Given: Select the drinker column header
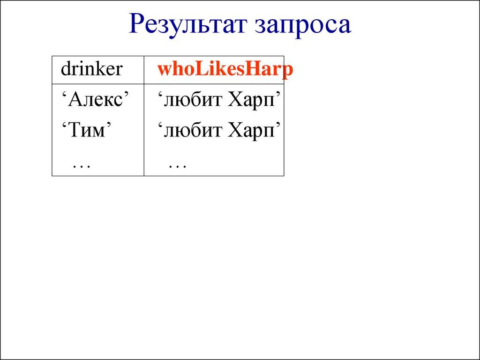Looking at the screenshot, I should [91, 69].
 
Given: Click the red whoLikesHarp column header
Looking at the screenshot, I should [225, 70].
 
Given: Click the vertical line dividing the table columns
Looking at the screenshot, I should [144, 141].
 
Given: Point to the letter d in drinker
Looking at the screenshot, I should [65, 69].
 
